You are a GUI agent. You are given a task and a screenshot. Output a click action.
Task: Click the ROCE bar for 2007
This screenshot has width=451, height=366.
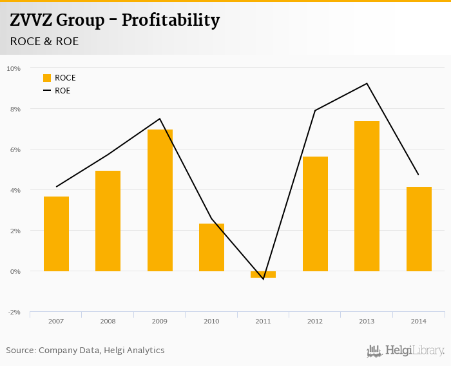pyautogui.click(x=56, y=233)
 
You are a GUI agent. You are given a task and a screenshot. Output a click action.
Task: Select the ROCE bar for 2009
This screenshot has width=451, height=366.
pyautogui.click(x=160, y=200)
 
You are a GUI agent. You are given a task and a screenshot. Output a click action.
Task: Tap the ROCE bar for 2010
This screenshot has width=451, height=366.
pyautogui.click(x=211, y=247)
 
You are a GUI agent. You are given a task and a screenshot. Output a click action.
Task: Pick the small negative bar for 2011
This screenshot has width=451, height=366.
pyautogui.click(x=263, y=274)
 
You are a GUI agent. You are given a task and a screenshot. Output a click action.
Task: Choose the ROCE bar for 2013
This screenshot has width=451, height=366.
pyautogui.click(x=367, y=196)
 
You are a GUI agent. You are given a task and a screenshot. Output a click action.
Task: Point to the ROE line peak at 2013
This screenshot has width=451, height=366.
pyautogui.click(x=367, y=83)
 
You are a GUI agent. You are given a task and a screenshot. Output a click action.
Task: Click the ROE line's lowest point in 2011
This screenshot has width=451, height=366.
pyautogui.click(x=263, y=279)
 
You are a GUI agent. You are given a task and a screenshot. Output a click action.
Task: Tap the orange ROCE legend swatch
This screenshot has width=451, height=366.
pyautogui.click(x=47, y=78)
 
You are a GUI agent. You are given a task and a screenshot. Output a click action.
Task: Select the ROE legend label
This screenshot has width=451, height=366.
pyautogui.click(x=62, y=91)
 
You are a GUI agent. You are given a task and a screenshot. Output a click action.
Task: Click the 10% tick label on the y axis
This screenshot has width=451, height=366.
pyautogui.click(x=14, y=68)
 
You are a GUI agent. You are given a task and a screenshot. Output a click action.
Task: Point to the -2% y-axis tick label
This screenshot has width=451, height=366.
pyautogui.click(x=14, y=313)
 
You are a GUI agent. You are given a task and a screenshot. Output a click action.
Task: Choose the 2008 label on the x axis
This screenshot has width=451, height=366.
pyautogui.click(x=108, y=321)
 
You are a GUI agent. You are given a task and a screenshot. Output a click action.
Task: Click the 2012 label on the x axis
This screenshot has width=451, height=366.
pyautogui.click(x=315, y=321)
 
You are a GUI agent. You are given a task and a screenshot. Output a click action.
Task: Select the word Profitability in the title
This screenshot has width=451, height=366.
pyautogui.click(x=171, y=21)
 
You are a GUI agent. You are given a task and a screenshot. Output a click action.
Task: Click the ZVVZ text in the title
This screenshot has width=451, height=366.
pyautogui.click(x=31, y=21)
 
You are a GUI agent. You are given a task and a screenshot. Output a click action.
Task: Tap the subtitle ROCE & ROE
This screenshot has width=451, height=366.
pyautogui.click(x=43, y=41)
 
